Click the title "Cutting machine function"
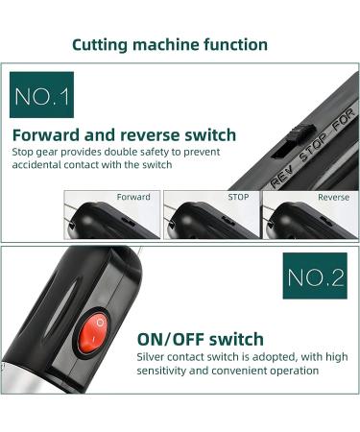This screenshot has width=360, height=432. tap(170, 45)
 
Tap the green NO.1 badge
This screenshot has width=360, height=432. tap(41, 95)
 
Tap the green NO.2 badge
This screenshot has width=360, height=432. tap(315, 276)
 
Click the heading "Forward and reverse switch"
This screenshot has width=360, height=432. tap(124, 135)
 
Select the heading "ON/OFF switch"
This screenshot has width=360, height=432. tap(201, 339)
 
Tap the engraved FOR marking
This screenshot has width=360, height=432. tap(344, 119)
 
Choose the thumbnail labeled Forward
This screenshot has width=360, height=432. tap(112, 215)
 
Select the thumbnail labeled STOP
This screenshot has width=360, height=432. tap(211, 215)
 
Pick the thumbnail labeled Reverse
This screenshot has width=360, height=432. tap(310, 215)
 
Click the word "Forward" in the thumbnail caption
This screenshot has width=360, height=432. tap(133, 197)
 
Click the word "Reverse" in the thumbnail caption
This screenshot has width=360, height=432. tap(333, 197)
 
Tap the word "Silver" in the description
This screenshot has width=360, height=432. tap(151, 356)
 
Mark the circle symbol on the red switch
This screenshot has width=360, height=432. tap(100, 323)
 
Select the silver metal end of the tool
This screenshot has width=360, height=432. tap(26, 377)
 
